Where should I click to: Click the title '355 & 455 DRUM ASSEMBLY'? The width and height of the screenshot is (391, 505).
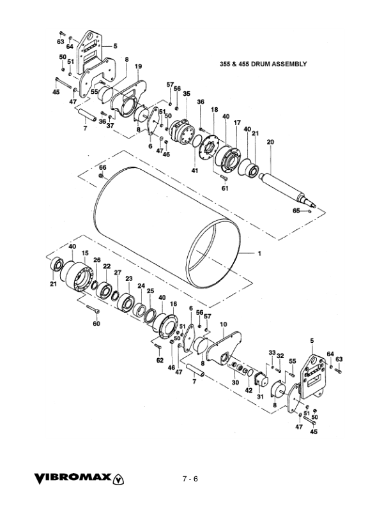click(263, 64)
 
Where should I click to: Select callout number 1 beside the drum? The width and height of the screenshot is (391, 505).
click(260, 253)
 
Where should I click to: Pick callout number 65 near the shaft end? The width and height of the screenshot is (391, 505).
click(296, 209)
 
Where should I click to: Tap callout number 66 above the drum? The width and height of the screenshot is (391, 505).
click(102, 167)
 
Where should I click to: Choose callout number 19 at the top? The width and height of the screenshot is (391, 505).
click(138, 66)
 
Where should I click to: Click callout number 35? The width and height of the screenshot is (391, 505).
click(187, 94)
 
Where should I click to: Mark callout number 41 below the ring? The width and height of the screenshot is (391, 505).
click(195, 171)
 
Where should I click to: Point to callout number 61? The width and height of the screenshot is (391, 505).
click(224, 188)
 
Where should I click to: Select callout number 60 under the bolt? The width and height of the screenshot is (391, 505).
click(96, 324)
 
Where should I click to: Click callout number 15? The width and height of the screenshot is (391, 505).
click(85, 253)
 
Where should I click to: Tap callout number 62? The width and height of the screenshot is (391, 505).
click(160, 360)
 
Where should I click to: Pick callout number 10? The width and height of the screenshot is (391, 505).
click(223, 324)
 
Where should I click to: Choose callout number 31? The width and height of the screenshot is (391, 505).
click(260, 396)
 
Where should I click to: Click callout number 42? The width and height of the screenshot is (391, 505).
click(249, 389)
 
